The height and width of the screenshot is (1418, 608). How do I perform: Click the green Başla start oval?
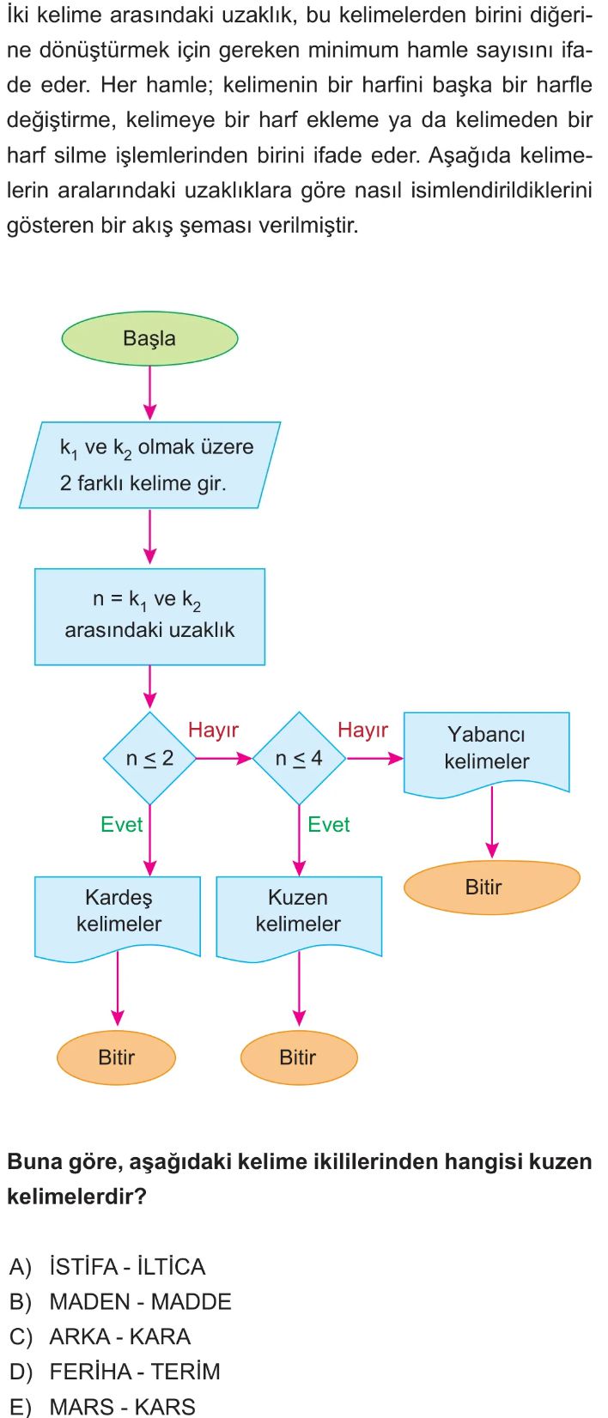[x=149, y=338]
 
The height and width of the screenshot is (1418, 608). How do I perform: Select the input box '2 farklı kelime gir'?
[x=149, y=464]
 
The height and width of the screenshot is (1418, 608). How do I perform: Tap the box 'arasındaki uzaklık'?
[x=149, y=616]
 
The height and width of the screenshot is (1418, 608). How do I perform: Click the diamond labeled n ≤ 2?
[x=149, y=758]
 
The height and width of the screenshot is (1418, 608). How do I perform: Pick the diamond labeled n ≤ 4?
[x=299, y=758]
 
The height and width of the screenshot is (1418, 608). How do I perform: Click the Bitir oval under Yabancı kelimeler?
[x=491, y=887]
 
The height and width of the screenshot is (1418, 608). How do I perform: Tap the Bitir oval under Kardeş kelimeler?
[x=117, y=1057]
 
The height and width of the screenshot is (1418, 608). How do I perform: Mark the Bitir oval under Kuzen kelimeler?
[x=299, y=1057]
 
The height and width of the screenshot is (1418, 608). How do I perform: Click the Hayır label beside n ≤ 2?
[x=213, y=730]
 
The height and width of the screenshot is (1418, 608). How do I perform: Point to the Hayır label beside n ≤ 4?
[x=362, y=730]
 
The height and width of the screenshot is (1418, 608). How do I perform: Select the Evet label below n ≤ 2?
[x=122, y=824]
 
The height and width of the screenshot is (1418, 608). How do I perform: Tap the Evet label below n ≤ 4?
[x=329, y=824]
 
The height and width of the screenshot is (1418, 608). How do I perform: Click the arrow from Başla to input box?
[x=149, y=393]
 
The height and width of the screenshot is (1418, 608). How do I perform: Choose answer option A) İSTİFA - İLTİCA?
[x=107, y=1266]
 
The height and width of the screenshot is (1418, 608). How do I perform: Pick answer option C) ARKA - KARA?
[x=100, y=1336]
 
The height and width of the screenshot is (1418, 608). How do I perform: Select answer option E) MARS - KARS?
[x=102, y=1406]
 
